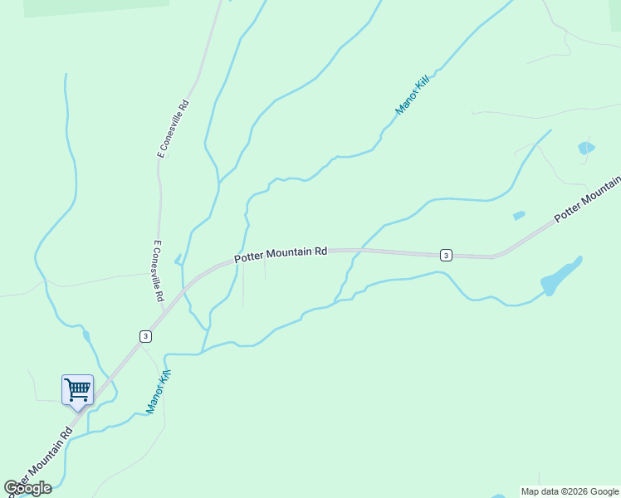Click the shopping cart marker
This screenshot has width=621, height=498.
coord(77,388)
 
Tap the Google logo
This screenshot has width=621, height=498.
coord(27,488)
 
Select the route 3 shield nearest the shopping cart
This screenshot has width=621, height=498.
coord(145,336)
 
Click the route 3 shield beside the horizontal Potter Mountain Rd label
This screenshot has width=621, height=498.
coord(446,255)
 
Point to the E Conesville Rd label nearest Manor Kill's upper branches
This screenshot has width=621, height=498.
coord(174,129)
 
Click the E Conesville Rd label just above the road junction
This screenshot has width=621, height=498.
coord(158,271)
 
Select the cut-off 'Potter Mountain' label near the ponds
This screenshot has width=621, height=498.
coord(587,200)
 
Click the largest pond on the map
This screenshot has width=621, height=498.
coord(561,276)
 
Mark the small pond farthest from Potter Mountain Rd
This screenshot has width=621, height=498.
coord(586,149)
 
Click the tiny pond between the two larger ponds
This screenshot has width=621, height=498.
coord(519,216)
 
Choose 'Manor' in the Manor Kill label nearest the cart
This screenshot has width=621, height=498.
coord(154,399)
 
